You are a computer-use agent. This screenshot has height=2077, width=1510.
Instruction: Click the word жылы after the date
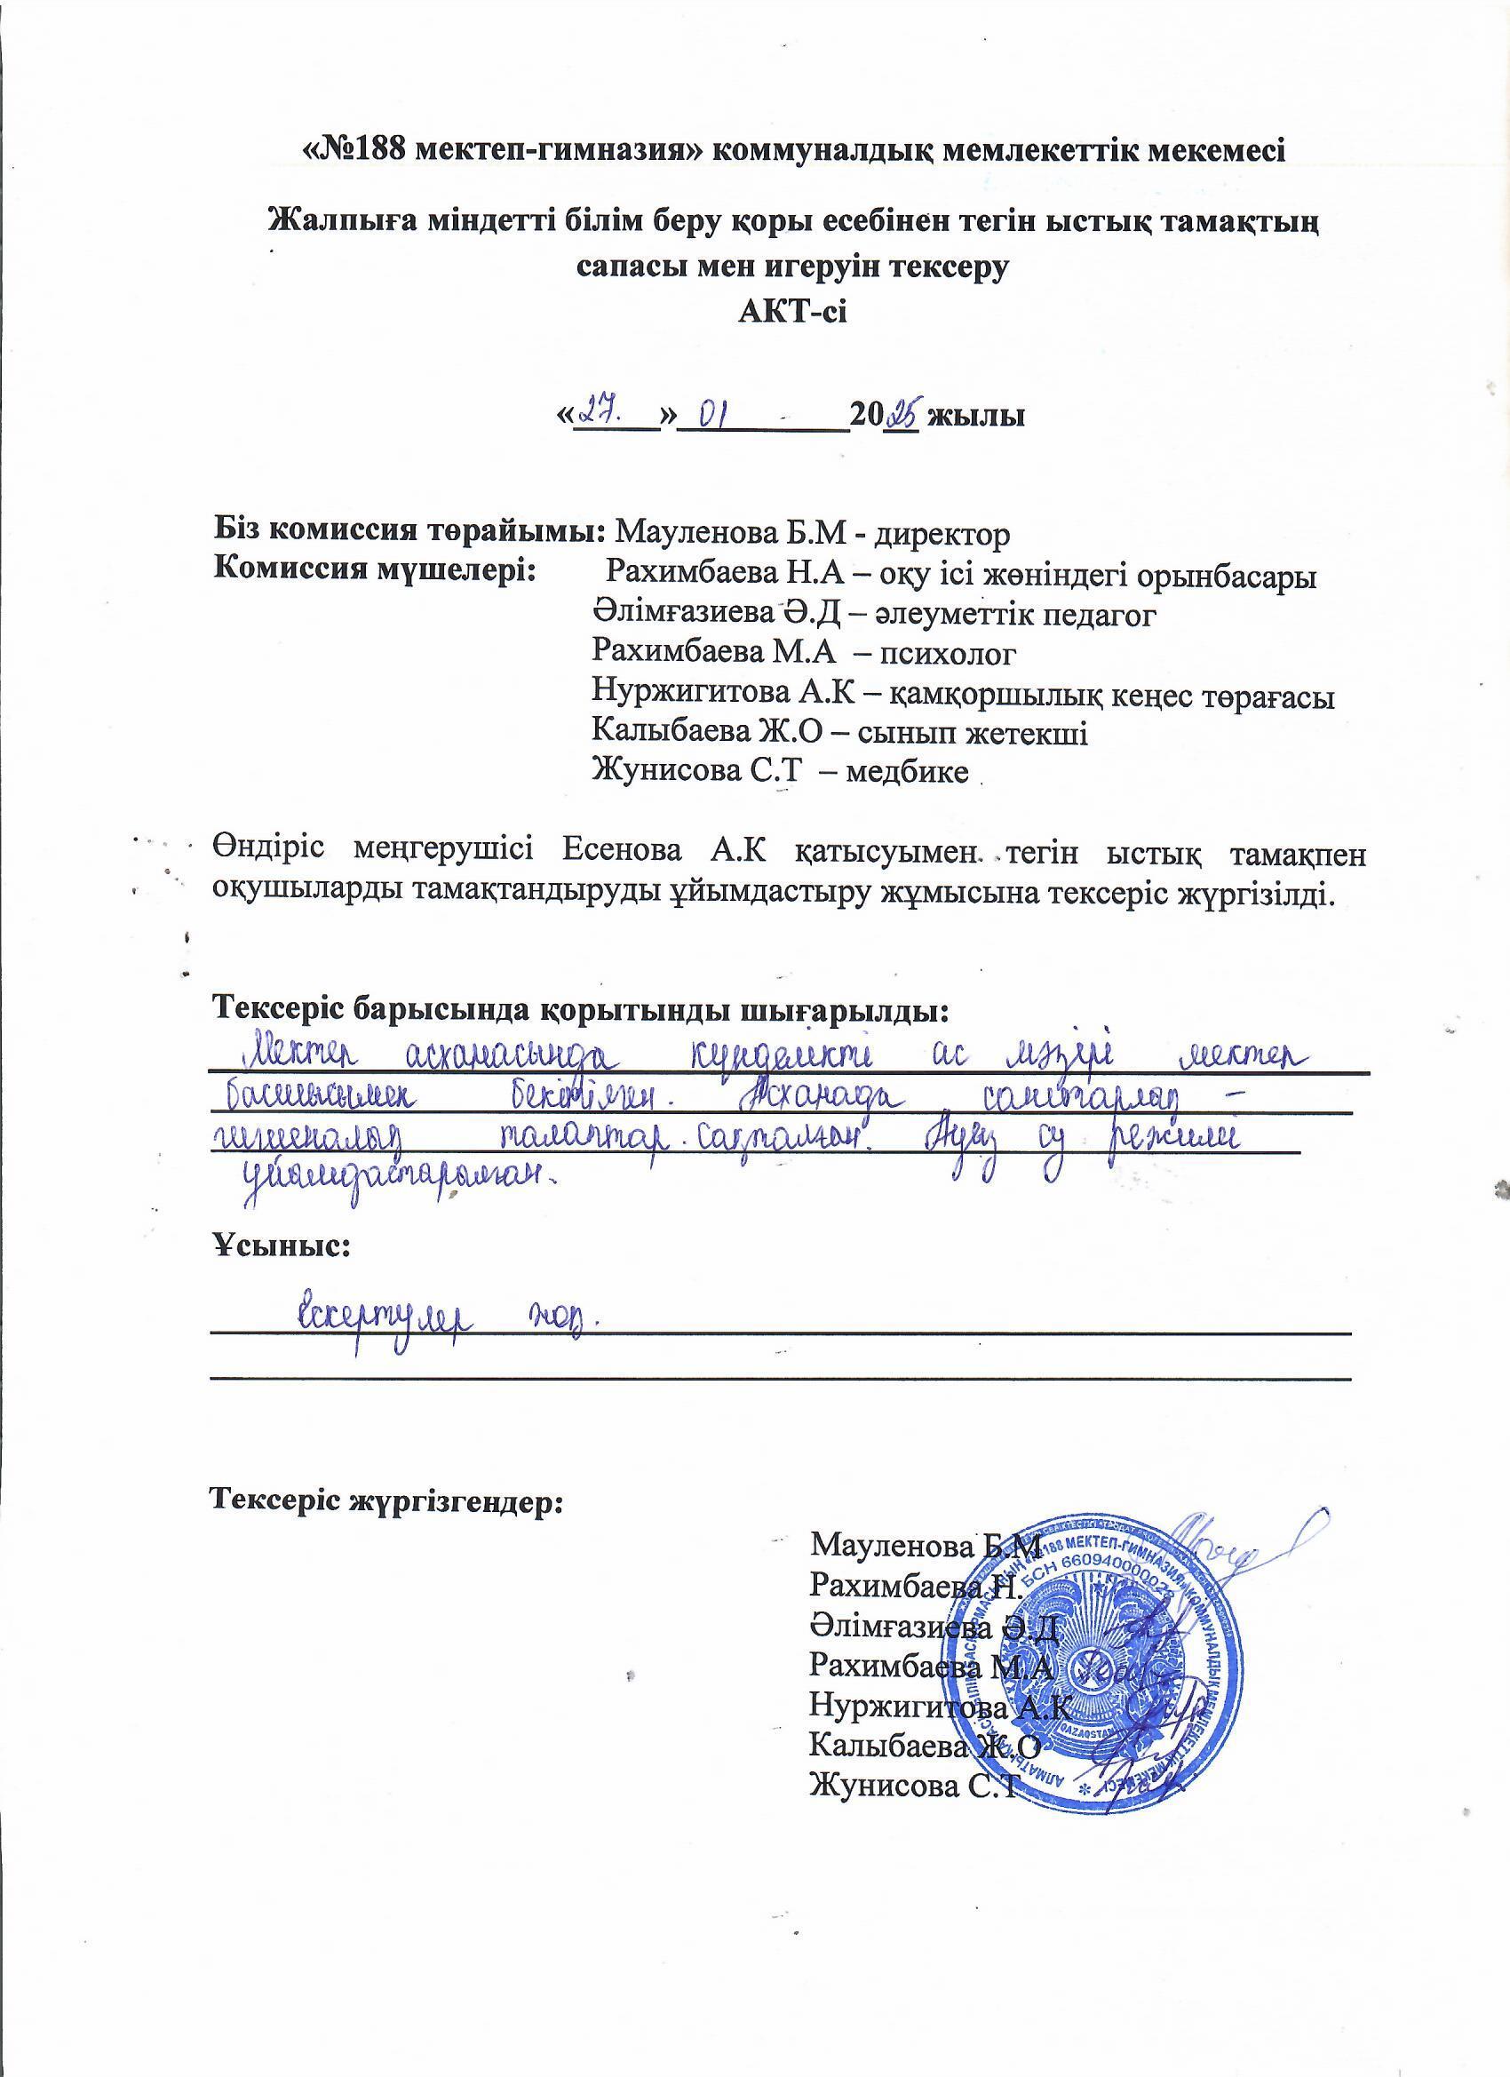pos(975,417)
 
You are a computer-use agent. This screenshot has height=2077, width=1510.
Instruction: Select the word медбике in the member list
pos(907,771)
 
